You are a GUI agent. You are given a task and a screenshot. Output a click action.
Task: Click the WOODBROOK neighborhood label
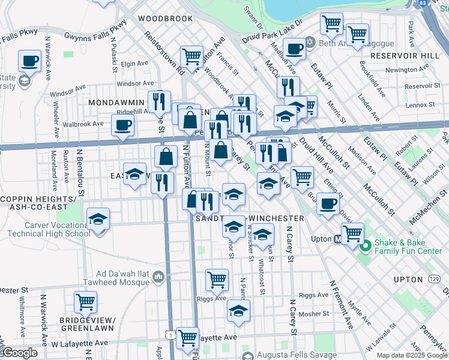click(x=165, y=19)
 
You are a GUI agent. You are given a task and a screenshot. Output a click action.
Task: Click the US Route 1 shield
click(x=172, y=335)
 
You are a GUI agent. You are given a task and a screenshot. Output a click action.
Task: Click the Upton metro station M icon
click(x=338, y=239)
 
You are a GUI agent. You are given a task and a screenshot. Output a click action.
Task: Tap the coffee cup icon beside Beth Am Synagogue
click(x=294, y=48)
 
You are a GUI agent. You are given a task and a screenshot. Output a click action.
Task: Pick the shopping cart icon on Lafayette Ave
click(x=187, y=337)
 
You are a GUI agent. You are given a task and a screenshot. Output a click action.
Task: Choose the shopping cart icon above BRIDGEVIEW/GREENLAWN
click(x=85, y=301)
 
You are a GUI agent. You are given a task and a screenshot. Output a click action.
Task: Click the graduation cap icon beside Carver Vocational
click(x=98, y=220)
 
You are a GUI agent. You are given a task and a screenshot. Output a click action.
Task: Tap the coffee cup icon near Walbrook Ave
click(x=122, y=125)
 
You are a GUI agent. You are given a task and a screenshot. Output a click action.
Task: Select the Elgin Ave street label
click(x=134, y=63)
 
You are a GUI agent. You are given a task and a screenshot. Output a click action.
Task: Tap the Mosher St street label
click(x=314, y=313)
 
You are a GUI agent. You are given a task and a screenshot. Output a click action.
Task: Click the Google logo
click(x=19, y=353)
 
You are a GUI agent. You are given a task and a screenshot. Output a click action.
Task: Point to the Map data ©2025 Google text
click(x=411, y=355)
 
